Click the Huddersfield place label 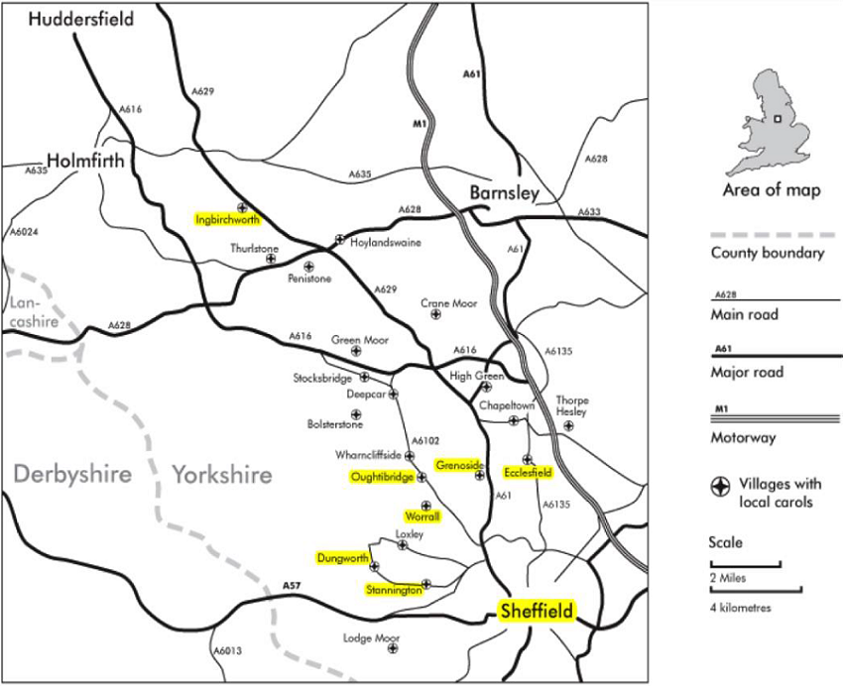(x=81, y=19)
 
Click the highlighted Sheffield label (x=537, y=612)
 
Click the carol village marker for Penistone (x=308, y=266)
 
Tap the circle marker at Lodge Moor (x=393, y=648)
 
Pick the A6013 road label (x=227, y=651)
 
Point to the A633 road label (x=589, y=212)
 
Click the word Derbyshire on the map (x=72, y=475)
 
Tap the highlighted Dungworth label (x=343, y=559)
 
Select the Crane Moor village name (x=449, y=303)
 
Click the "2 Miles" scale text (x=730, y=578)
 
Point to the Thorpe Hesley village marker (x=568, y=426)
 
